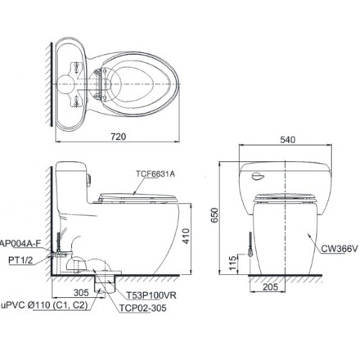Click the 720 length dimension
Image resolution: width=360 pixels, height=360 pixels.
[119, 137]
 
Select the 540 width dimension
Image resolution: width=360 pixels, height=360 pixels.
[288, 140]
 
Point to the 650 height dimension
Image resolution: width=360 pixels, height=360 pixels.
[215, 215]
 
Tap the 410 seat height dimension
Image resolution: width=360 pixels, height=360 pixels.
[186, 236]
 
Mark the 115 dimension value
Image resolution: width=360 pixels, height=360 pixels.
[232, 263]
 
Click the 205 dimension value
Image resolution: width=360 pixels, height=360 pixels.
[271, 286]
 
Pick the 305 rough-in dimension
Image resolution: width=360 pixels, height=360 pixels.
[81, 293]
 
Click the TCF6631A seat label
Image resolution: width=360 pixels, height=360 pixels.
[155, 173]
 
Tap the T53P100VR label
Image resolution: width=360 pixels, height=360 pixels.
[151, 295]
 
